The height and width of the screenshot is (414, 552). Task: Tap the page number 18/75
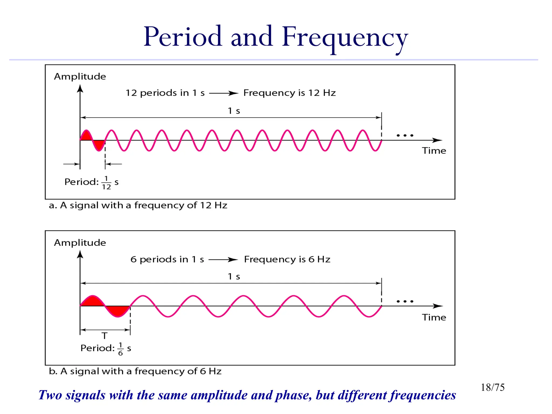click(492, 387)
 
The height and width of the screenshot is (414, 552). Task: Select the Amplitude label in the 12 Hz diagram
click(80, 77)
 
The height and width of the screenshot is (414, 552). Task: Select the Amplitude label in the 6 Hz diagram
click(80, 243)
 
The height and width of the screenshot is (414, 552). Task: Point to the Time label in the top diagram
click(434, 151)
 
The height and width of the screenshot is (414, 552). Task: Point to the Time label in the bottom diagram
click(434, 317)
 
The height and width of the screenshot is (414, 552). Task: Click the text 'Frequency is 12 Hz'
click(289, 93)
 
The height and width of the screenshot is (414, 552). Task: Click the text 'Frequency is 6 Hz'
click(287, 259)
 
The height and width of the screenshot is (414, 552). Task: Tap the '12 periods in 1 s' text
click(165, 93)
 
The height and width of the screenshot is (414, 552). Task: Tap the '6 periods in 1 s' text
click(167, 259)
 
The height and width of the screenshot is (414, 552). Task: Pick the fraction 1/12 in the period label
click(106, 183)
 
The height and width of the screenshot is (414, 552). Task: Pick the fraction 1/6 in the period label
click(120, 349)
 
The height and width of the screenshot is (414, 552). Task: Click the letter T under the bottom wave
click(105, 336)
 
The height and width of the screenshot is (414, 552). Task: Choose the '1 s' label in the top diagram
click(234, 111)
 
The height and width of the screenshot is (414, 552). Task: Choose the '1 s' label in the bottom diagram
click(234, 277)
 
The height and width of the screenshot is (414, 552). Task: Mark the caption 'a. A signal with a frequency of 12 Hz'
click(138, 205)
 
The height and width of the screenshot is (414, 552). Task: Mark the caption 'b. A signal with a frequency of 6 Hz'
click(135, 371)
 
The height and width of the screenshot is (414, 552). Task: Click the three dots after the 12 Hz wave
click(405, 135)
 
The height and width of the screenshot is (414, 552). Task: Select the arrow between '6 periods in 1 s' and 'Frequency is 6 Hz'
click(223, 260)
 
